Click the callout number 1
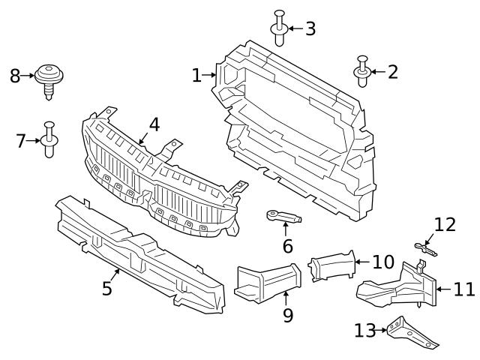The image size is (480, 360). (x=196, y=75)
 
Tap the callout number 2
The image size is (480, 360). (x=392, y=72)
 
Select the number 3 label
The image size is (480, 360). (x=309, y=29)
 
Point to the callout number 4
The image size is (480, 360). (x=154, y=124)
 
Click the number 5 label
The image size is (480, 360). (x=107, y=288)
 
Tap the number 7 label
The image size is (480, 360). (x=22, y=139)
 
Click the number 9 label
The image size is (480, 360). (x=288, y=315)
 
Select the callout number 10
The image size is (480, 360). (x=382, y=262)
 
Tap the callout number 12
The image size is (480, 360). (x=445, y=224)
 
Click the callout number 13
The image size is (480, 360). (x=364, y=329)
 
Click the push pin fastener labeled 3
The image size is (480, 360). (x=279, y=28)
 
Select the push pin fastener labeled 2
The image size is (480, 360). (x=362, y=71)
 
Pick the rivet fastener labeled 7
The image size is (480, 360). (x=50, y=139)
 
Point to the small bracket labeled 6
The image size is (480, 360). (x=283, y=217)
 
